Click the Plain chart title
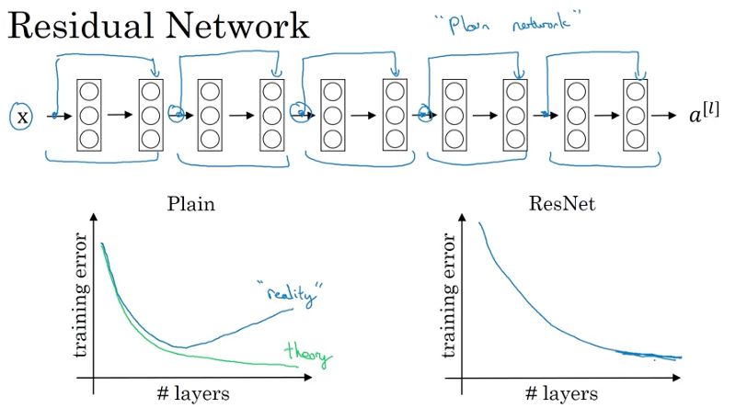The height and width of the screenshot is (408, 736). [x=191, y=203]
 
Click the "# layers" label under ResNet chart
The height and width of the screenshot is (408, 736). [x=564, y=394]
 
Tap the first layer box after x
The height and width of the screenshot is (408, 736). [x=89, y=117]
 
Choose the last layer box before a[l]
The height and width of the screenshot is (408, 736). [x=637, y=117]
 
